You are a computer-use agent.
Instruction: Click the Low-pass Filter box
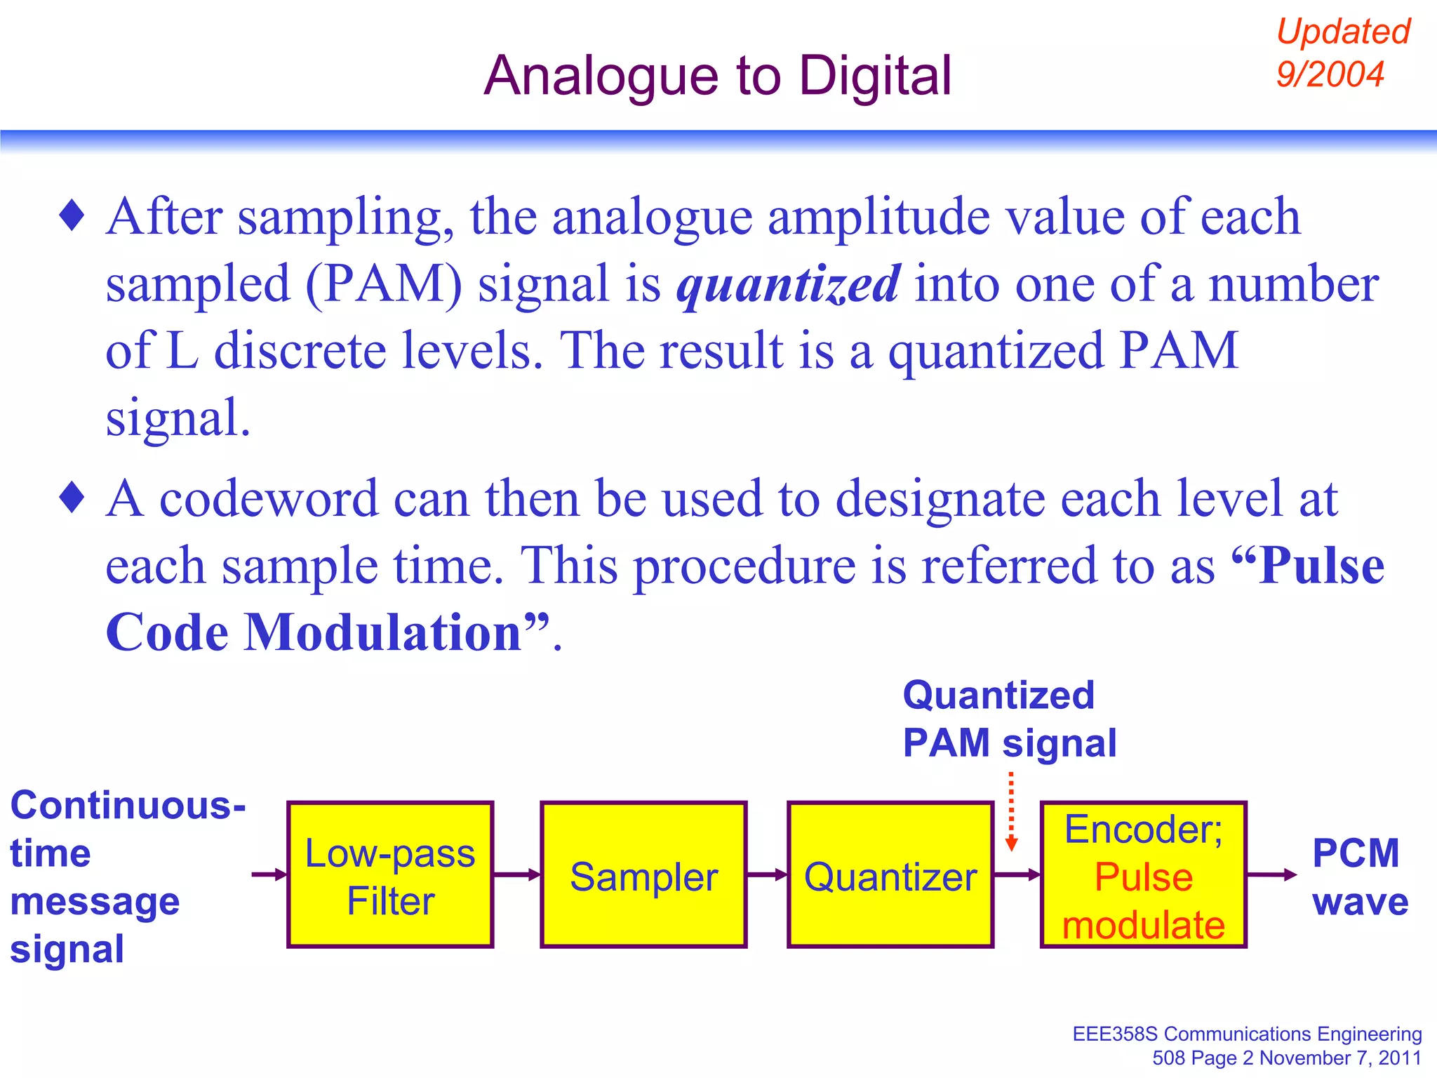[x=390, y=875]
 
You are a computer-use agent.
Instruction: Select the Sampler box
[x=643, y=875]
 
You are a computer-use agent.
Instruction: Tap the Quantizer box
[x=890, y=875]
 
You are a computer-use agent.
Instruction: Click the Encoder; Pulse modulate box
[x=1143, y=875]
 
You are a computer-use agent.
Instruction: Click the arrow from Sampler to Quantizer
[x=767, y=874]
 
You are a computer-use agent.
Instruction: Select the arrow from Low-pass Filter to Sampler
[x=517, y=874]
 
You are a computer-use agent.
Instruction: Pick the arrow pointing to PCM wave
[x=1271, y=874]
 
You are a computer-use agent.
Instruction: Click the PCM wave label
[x=1358, y=877]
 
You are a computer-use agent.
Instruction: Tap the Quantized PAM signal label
[x=1008, y=719]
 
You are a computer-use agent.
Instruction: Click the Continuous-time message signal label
[x=126, y=877]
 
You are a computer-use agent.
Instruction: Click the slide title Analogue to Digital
[x=717, y=76]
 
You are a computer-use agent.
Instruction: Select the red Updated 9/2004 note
[x=1342, y=53]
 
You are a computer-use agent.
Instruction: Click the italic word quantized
[x=788, y=284]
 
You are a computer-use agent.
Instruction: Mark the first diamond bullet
[x=72, y=215]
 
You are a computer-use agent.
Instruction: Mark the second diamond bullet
[x=72, y=498]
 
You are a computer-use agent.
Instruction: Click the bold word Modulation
[x=382, y=632]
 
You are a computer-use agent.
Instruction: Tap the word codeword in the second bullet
[x=269, y=498]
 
